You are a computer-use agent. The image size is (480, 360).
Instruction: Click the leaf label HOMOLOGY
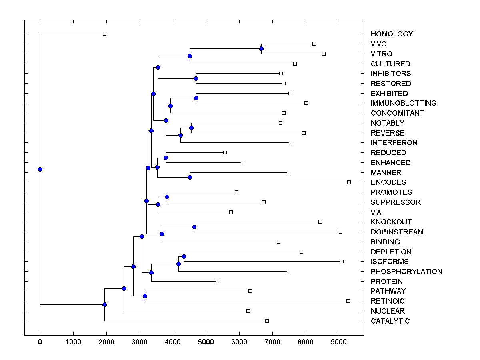(x=392, y=34)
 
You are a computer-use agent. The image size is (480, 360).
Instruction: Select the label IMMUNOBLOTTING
(x=404, y=103)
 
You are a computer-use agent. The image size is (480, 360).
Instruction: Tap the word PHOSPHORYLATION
(x=406, y=272)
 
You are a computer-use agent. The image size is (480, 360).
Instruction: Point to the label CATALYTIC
(x=390, y=321)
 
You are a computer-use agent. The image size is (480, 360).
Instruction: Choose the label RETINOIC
(x=388, y=301)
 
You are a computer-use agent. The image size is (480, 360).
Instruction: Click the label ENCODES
(x=388, y=182)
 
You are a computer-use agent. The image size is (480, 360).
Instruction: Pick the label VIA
(x=376, y=212)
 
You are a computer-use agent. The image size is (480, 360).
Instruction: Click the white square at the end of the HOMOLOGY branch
(x=104, y=34)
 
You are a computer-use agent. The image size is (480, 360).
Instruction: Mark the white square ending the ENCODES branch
(x=349, y=182)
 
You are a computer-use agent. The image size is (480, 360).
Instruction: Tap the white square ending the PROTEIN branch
(x=217, y=282)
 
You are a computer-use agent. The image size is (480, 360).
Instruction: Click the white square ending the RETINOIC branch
(x=348, y=301)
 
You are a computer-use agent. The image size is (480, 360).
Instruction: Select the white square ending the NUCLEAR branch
(x=248, y=311)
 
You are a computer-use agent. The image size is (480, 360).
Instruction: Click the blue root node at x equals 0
(x=40, y=169)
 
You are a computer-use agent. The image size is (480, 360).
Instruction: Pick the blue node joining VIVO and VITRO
(x=261, y=49)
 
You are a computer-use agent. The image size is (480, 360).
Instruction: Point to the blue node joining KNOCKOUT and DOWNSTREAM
(x=194, y=227)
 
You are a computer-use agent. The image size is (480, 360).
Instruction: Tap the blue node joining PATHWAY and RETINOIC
(x=145, y=296)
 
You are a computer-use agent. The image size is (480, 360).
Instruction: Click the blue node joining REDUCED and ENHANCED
(x=166, y=158)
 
